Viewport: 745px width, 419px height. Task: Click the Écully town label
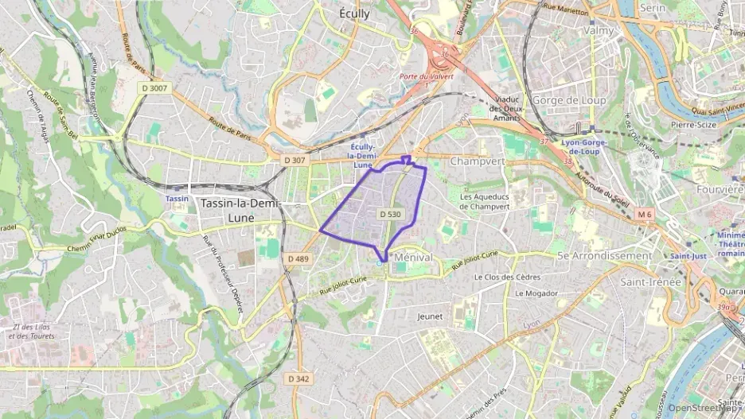(354, 13)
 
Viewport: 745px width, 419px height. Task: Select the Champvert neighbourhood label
(477, 161)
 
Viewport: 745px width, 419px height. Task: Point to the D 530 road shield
(390, 214)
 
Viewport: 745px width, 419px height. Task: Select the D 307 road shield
(294, 161)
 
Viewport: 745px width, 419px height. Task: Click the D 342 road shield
(298, 378)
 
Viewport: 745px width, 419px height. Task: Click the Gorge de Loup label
(568, 100)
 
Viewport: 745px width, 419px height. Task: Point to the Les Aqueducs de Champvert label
(484, 200)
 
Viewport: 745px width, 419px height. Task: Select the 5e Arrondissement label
(604, 256)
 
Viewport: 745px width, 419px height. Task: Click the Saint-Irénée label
(650, 281)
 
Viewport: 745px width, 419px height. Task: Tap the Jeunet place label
(429, 316)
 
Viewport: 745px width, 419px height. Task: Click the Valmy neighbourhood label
(599, 30)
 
